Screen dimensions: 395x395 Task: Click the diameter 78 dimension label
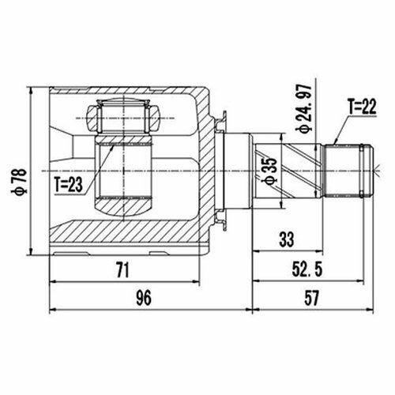19,182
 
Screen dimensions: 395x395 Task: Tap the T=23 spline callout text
69,184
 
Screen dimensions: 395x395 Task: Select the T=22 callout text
363,107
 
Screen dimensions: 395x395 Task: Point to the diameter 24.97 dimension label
304,109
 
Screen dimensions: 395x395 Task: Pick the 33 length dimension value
286,239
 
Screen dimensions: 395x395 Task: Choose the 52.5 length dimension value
307,269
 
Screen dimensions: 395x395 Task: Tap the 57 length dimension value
311,298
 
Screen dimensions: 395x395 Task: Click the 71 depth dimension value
122,270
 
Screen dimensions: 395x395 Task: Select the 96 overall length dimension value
144,298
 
